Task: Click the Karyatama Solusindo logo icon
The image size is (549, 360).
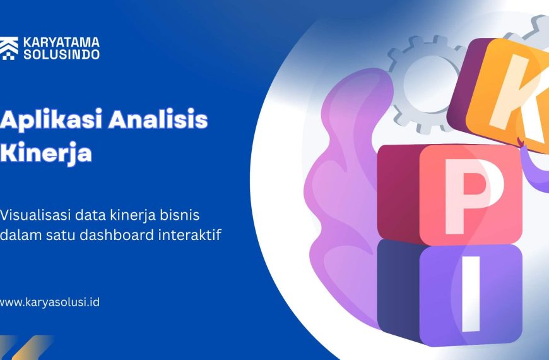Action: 9,49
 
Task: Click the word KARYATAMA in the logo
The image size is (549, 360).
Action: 61,43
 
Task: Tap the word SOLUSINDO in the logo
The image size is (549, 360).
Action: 61,54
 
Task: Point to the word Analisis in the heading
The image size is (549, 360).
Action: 158,119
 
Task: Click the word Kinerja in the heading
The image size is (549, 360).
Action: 46,153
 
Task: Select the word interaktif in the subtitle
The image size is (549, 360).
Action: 190,234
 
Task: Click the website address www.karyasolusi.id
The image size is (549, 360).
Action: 49,302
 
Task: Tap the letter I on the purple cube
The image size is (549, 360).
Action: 471,294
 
